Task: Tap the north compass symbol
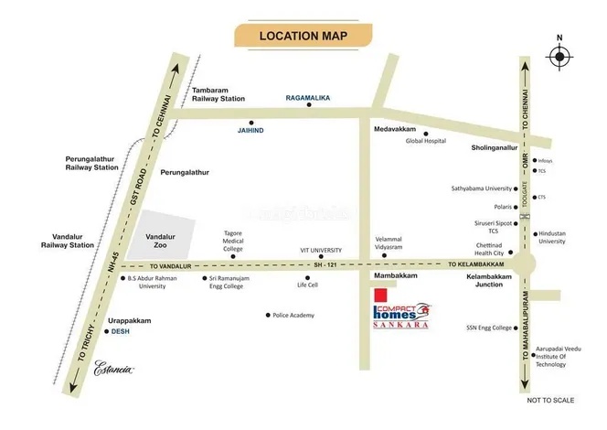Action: click(559, 56)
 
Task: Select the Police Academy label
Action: click(293, 315)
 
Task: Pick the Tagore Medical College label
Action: click(233, 242)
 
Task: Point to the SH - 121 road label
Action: click(319, 264)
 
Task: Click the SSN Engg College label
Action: click(489, 327)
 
